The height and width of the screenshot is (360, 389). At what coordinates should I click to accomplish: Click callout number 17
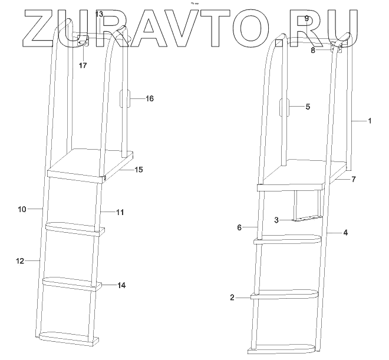(x=83, y=65)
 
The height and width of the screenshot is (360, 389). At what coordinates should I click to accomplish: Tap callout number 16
(x=149, y=99)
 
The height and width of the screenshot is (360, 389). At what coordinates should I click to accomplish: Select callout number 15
(x=139, y=170)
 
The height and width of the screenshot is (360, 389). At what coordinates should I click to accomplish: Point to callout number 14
(x=121, y=285)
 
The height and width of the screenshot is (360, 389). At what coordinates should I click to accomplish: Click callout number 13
(x=98, y=14)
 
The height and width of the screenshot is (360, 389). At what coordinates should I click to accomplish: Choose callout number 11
(x=120, y=212)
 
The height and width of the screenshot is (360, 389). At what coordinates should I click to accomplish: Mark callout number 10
(x=21, y=209)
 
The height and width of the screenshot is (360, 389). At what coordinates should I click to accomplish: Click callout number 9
(x=306, y=19)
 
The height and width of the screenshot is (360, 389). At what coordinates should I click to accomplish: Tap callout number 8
(x=314, y=51)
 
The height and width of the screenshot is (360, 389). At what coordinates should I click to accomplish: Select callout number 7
(x=354, y=178)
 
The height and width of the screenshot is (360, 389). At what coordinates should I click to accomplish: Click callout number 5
(x=308, y=107)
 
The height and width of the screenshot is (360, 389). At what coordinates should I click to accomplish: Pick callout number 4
(x=345, y=233)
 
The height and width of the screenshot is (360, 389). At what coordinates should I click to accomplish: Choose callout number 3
(x=276, y=220)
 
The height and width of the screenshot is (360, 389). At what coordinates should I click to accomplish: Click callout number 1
(x=369, y=121)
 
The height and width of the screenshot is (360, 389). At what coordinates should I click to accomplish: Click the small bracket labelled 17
(x=83, y=41)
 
